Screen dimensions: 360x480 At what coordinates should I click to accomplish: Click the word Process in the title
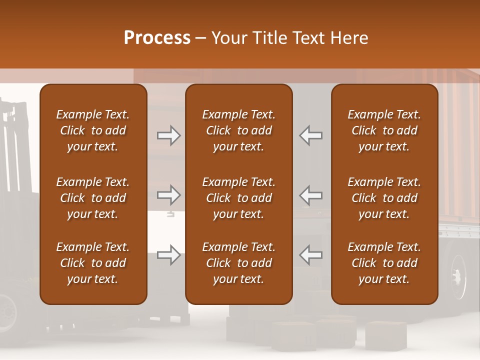tap(157, 38)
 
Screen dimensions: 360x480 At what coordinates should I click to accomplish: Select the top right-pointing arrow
tap(168, 135)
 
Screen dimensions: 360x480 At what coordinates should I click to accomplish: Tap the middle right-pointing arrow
tap(168, 195)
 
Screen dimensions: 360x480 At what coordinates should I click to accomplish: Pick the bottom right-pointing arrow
tap(168, 255)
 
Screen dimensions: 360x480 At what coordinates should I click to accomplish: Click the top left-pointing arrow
tap(311, 135)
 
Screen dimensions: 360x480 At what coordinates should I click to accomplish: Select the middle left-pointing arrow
tap(311, 195)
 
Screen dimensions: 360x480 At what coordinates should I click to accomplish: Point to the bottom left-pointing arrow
tap(311, 255)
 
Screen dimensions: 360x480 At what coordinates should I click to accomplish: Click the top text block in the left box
tap(93, 130)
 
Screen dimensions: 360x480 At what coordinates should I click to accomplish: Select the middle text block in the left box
tap(93, 198)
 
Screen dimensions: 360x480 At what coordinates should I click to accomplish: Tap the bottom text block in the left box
tap(93, 263)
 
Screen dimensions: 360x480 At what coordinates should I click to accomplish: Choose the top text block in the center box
tap(238, 130)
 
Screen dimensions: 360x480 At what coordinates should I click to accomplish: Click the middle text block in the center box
tap(238, 198)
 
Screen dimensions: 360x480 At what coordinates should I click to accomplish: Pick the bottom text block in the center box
tap(238, 263)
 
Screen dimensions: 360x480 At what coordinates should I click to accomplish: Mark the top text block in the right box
tap(384, 130)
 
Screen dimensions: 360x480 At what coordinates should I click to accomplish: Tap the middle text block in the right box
tap(384, 198)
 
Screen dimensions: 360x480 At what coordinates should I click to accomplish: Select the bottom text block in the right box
tap(384, 263)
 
